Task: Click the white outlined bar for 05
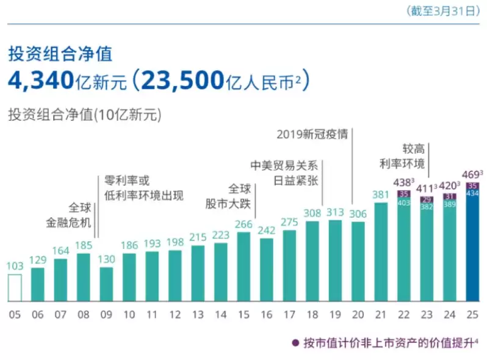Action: pyautogui.click(x=15, y=287)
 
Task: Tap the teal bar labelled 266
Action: pyautogui.click(x=243, y=267)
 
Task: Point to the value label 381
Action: pyautogui.click(x=381, y=195)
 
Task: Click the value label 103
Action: pyautogui.click(x=15, y=267)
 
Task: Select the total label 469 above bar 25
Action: pyautogui.click(x=472, y=173)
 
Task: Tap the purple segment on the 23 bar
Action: pyautogui.click(x=427, y=200)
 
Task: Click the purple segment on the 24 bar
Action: pyautogui.click(x=449, y=196)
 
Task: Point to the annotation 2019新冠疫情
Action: pyautogui.click(x=312, y=134)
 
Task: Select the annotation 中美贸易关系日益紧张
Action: pyautogui.click(x=286, y=172)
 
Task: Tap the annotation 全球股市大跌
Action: pyautogui.click(x=240, y=195)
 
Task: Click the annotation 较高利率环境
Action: pyautogui.click(x=402, y=156)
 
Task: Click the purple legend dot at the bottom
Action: pyautogui.click(x=295, y=343)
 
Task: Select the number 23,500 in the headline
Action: pyautogui.click(x=182, y=80)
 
